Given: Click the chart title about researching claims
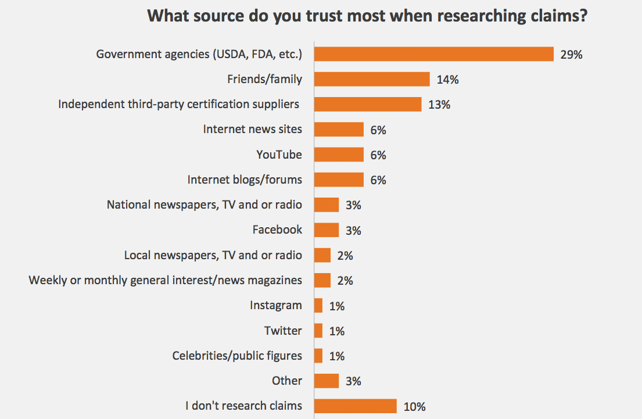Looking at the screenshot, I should click(367, 15).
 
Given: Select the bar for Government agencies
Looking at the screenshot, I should click(433, 54).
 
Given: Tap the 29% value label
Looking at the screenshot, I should click(571, 55).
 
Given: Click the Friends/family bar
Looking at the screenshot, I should click(372, 79).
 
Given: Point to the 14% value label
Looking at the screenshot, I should click(448, 80).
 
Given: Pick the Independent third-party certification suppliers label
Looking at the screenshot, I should click(179, 104).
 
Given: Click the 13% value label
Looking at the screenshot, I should click(439, 105).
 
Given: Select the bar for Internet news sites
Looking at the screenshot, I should click(339, 130).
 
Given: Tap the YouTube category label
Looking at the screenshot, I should click(279, 155).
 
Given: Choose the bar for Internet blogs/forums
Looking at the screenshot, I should click(339, 180).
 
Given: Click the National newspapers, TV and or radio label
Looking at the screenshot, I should click(205, 205).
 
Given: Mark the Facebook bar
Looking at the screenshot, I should click(327, 230).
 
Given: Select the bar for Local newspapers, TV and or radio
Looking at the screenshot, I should click(322, 255).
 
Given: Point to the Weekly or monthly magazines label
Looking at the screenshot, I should click(166, 280).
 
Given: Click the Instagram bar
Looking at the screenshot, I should click(318, 306).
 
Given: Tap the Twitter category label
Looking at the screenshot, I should click(283, 331).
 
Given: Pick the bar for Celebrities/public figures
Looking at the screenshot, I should click(318, 356).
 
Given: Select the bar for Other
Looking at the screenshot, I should click(327, 381).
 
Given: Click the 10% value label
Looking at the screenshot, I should click(415, 406).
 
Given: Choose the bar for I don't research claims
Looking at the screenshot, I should click(356, 406).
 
